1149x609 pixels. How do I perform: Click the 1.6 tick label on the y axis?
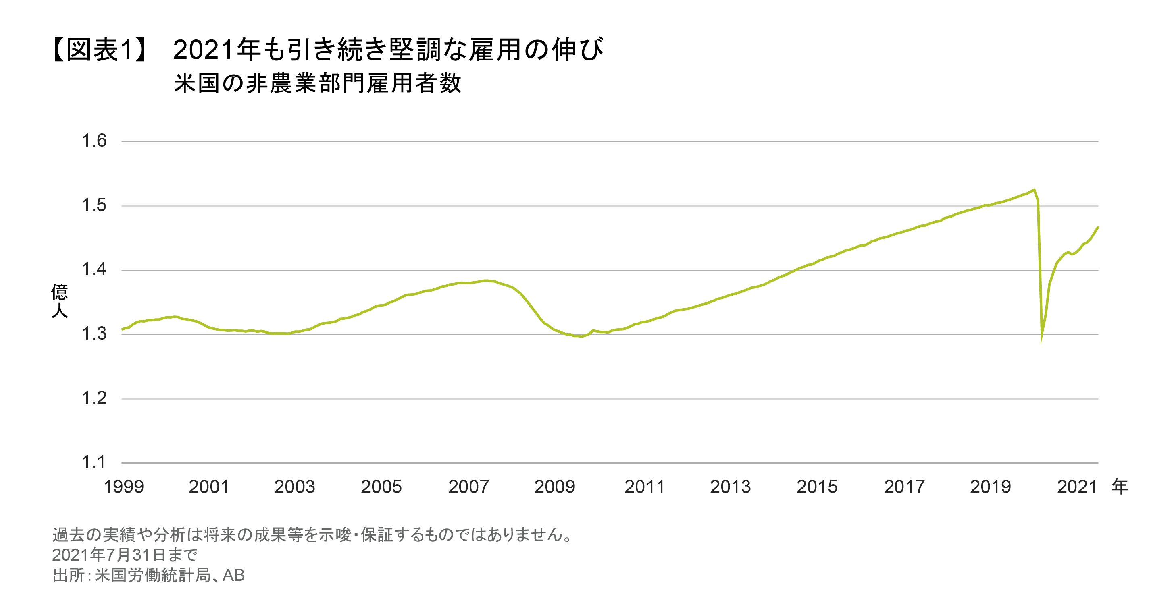click(94, 141)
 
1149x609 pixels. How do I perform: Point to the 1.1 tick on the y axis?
click(94, 462)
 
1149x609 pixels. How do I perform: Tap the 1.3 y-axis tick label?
click(94, 333)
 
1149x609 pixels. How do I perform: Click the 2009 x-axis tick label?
click(554, 487)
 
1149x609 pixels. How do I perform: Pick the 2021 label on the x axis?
click(1077, 487)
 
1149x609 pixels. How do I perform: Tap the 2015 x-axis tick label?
click(817, 487)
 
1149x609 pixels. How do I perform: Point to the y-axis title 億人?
click(59, 301)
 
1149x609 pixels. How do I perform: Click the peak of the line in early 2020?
click(1034, 190)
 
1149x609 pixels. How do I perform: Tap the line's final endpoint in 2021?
click(1098, 227)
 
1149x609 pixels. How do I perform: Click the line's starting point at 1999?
click(122, 329)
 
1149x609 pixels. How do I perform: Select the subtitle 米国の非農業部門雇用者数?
click(318, 83)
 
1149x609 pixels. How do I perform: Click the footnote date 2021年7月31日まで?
click(125, 555)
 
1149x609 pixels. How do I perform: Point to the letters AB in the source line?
click(233, 575)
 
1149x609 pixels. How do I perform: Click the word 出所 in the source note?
click(69, 575)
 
